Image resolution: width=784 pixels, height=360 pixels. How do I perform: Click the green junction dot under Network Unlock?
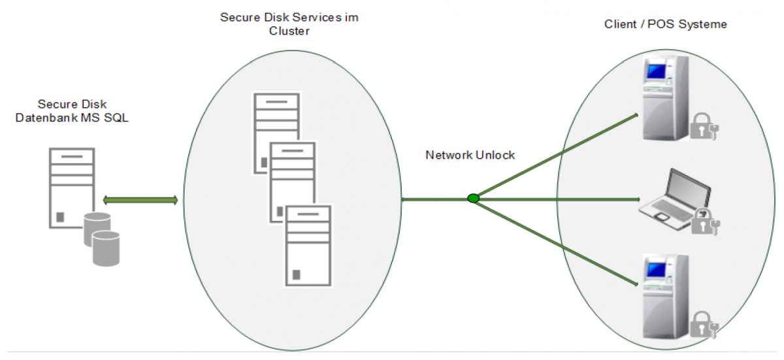473,198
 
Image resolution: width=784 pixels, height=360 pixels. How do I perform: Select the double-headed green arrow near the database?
140,200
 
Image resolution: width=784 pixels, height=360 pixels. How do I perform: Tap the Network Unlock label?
470,155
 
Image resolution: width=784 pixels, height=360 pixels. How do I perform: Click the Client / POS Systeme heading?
666,24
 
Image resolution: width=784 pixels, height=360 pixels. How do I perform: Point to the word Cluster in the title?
289,31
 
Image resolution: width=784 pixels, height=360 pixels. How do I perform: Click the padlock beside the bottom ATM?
703,325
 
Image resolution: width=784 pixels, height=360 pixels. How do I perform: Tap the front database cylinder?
106,249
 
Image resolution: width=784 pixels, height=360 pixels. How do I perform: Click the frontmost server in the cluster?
308,245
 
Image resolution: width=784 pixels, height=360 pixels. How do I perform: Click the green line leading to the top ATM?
555,157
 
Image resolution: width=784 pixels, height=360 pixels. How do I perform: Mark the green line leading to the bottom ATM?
555,242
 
